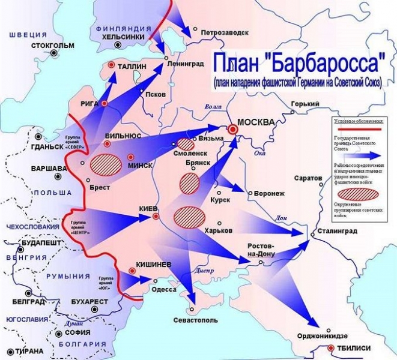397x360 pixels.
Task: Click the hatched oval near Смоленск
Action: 186,145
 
